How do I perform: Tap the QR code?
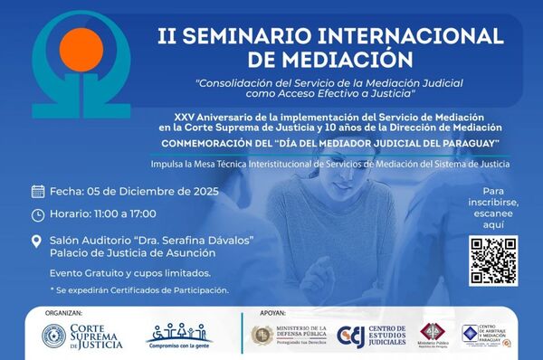pos(493,261)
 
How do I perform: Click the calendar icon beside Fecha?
pos(38,191)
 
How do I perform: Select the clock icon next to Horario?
pos(38,214)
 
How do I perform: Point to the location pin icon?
pos(37,241)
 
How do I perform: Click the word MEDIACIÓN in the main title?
pos(349,59)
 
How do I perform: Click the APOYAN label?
pos(271,311)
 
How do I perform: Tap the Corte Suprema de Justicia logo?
pos(85,336)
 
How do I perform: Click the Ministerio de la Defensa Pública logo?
pos(287,336)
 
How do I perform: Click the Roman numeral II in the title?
pos(167,36)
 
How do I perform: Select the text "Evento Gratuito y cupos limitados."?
pos(130,272)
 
